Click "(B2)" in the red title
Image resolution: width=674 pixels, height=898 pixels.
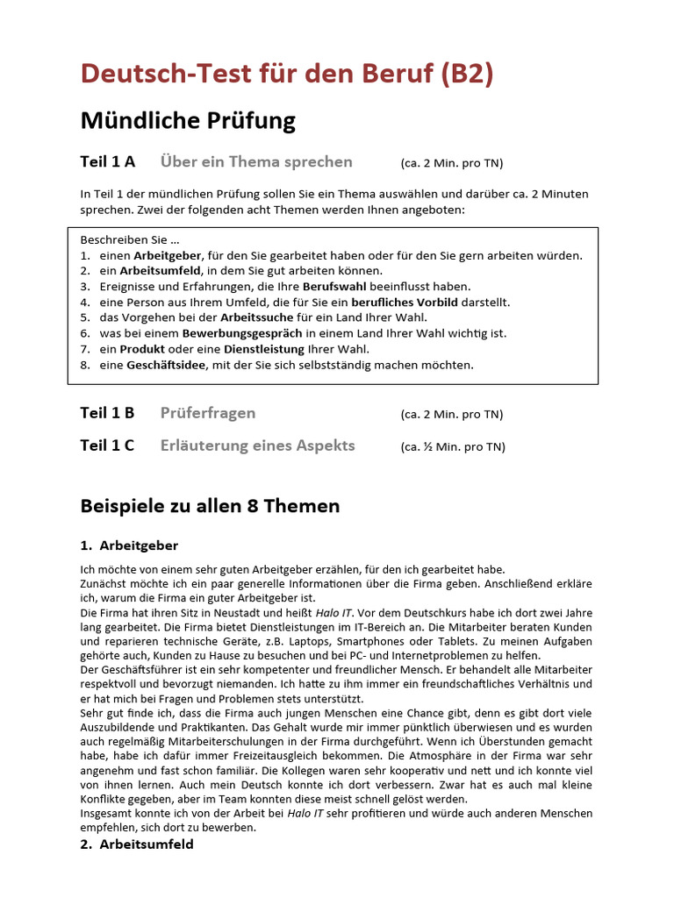[461, 75]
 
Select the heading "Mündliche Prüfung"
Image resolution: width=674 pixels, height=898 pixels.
[188, 119]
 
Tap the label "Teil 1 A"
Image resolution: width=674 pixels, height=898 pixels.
[108, 162]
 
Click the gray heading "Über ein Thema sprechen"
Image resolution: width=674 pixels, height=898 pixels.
[256, 162]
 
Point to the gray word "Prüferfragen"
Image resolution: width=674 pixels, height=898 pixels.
[208, 413]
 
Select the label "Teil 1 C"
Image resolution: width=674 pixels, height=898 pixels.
[107, 445]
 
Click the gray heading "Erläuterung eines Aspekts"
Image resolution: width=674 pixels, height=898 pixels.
[257, 445]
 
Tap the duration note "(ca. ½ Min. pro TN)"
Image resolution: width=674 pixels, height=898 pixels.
[453, 446]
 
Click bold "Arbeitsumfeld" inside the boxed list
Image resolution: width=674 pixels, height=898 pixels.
[161, 271]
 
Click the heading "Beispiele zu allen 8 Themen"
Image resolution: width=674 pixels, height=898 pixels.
[210, 506]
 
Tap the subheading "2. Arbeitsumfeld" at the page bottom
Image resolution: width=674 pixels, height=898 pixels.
[137, 844]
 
